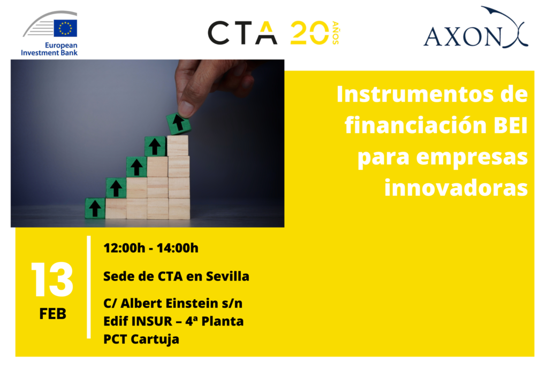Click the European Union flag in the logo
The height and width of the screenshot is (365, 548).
[65, 28]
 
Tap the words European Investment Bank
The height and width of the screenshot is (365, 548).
[49, 49]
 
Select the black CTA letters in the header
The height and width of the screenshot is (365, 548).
[242, 33]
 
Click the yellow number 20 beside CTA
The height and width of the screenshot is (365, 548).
[309, 33]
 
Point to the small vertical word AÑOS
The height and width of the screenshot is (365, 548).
[335, 33]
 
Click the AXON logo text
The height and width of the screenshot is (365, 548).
[462, 37]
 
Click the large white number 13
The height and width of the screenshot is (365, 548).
[52, 279]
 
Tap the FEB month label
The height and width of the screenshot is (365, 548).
[53, 313]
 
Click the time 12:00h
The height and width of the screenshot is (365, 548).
[124, 248]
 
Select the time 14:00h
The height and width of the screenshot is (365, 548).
[178, 248]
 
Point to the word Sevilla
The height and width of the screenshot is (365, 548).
[227, 276]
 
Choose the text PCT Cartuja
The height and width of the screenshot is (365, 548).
[141, 339]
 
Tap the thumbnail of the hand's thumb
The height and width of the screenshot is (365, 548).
[186, 108]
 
